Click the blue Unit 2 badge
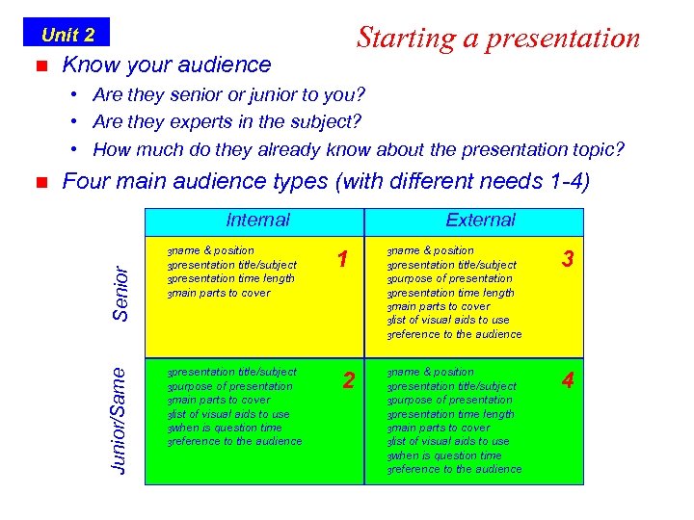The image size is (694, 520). tap(67, 35)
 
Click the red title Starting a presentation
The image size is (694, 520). tap(497, 38)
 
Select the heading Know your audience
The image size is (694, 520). tap(166, 65)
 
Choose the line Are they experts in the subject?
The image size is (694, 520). tap(227, 121)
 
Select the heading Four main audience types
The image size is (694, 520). tap(325, 181)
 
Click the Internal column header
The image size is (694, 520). tap(257, 220)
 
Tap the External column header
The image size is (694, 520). tap(480, 220)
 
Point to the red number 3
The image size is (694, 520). tap(569, 259)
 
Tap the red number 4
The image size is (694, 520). tap(569, 381)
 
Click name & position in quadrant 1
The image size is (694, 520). tap(214, 250)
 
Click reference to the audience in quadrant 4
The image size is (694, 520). tap(457, 469)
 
